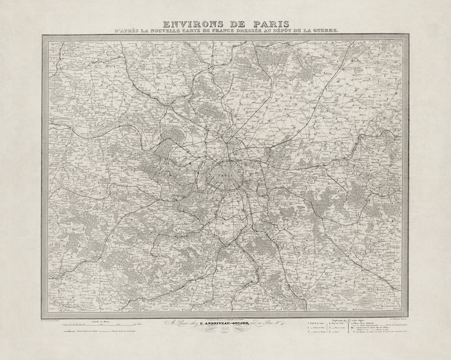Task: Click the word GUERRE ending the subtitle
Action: [338, 31]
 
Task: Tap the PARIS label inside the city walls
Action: [225, 173]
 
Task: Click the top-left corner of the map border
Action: [43, 36]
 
